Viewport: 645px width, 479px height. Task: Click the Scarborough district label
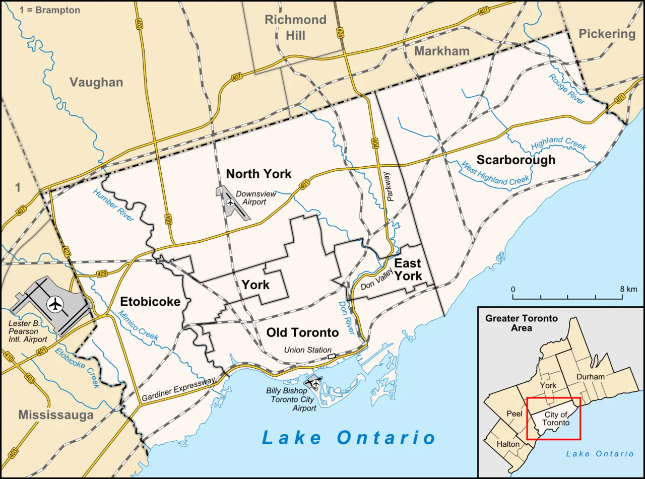point(516,160)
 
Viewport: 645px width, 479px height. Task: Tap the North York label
point(259,174)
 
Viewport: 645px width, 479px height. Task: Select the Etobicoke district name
point(150,302)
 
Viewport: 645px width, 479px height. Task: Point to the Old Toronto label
point(302,332)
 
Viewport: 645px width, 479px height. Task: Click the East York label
point(408,269)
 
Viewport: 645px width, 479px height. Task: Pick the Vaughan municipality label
point(96,82)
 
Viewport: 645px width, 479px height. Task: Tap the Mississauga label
point(56,415)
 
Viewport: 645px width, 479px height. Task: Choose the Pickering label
point(607,34)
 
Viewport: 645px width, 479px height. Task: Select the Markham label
point(442,51)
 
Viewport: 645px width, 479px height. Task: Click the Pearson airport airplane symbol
point(55,304)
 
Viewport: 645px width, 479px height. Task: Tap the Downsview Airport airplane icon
point(230,202)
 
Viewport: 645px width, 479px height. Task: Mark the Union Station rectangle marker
point(331,356)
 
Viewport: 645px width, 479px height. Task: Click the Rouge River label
point(566,90)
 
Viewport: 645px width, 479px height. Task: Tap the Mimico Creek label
point(138,325)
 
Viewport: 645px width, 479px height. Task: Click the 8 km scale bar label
point(628,289)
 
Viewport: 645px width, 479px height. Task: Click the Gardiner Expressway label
point(178,389)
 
